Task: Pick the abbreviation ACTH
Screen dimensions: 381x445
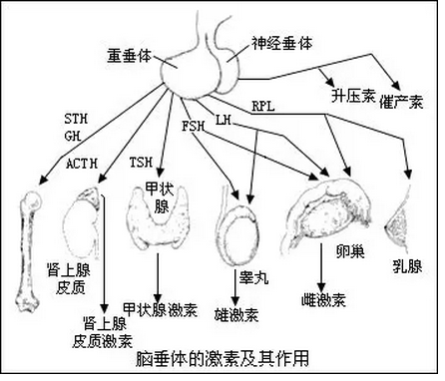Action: click(x=83, y=163)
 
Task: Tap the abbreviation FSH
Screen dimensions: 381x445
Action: click(x=193, y=128)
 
